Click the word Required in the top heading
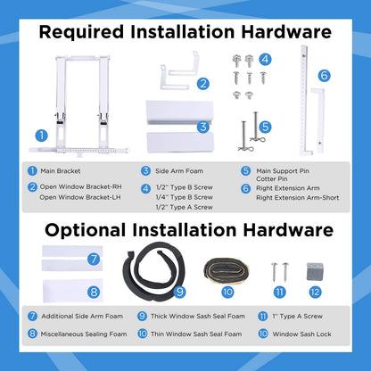pyautogui.click(x=81, y=32)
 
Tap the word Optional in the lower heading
pyautogui.click(x=86, y=230)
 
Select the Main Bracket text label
pyautogui.click(x=61, y=171)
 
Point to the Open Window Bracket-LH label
pyautogui.click(x=80, y=197)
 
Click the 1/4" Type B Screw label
pyautogui.click(x=185, y=197)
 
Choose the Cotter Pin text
pyautogui.click(x=272, y=179)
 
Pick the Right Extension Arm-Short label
pyautogui.click(x=298, y=198)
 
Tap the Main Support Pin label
pyautogui.click(x=283, y=171)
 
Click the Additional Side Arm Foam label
pyautogui.click(x=82, y=316)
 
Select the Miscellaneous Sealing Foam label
pyautogui.click(x=84, y=334)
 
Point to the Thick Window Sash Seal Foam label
pyautogui.click(x=198, y=316)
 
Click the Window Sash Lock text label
pyautogui.click(x=301, y=334)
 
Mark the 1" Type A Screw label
pyautogui.click(x=297, y=316)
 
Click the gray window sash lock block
pyautogui.click(x=315, y=271)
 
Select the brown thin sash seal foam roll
pyautogui.click(x=227, y=271)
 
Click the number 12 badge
pyautogui.click(x=315, y=293)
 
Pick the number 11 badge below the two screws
pyautogui.click(x=279, y=293)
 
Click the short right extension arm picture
pyautogui.click(x=318, y=120)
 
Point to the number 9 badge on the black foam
pyautogui.click(x=180, y=292)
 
